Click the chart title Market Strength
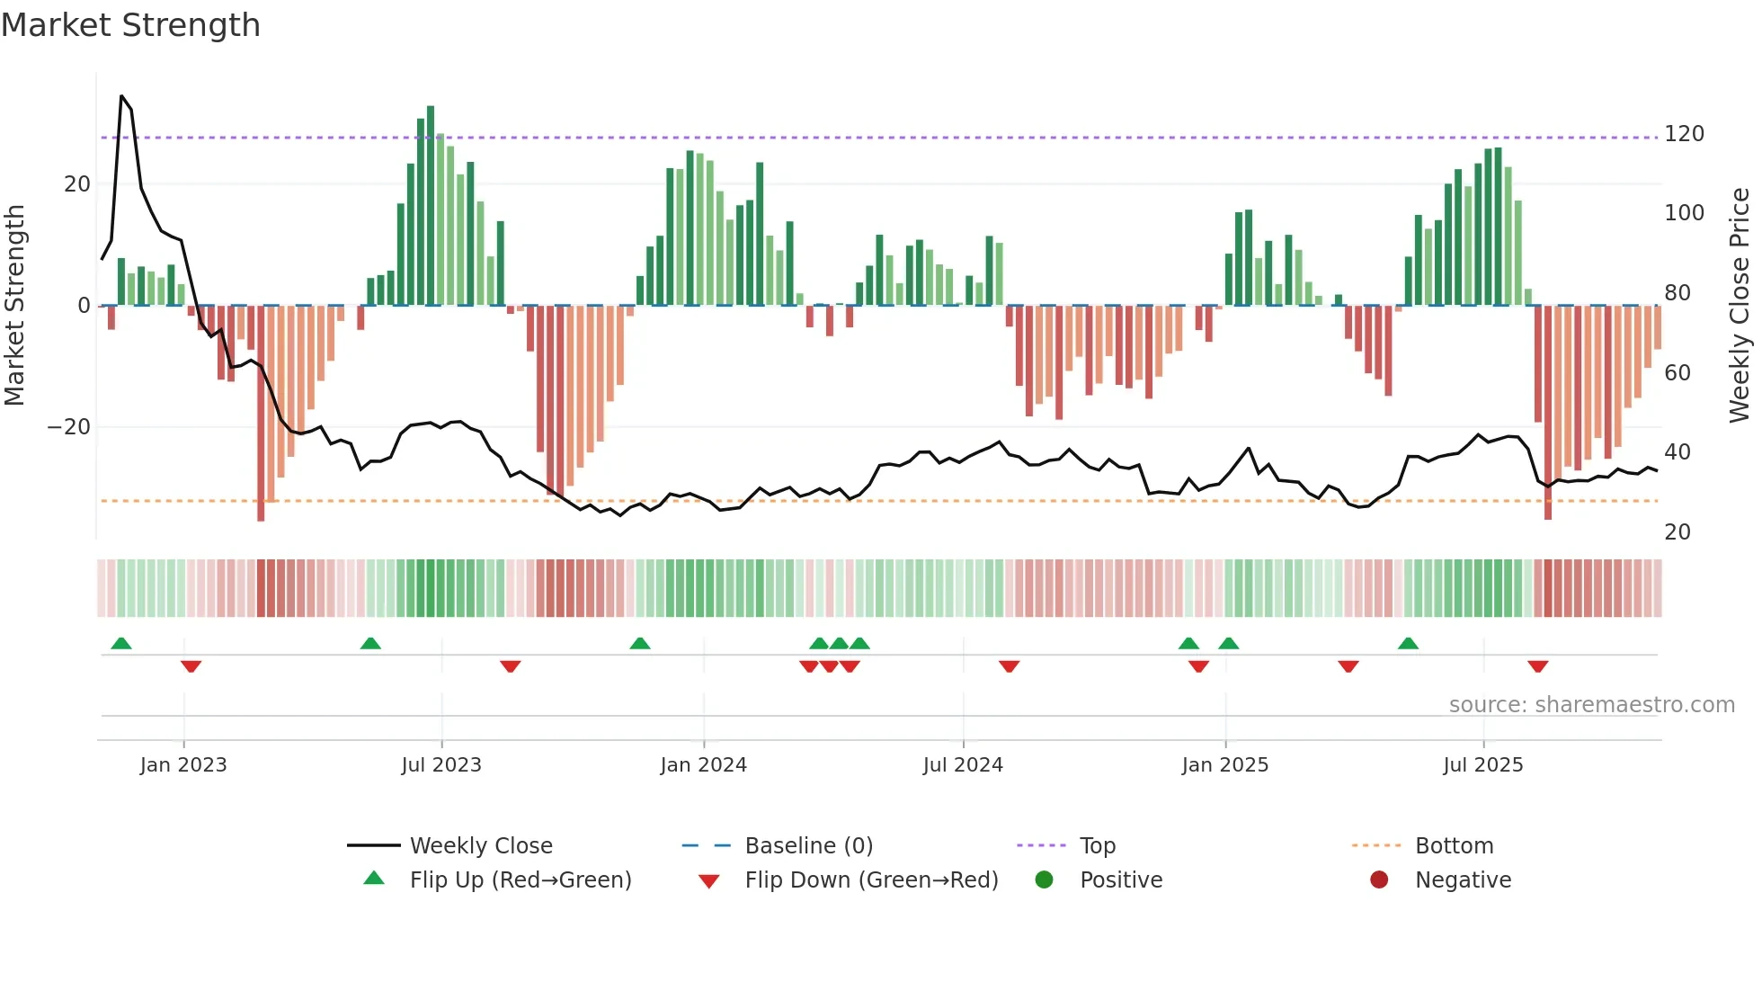click(x=130, y=25)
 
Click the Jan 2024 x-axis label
click(x=703, y=765)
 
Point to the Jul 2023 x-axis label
click(x=441, y=765)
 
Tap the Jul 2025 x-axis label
click(x=1483, y=765)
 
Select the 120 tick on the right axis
click(x=1684, y=134)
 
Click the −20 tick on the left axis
click(x=69, y=427)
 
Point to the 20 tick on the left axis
click(x=77, y=184)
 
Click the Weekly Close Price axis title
click(x=1740, y=306)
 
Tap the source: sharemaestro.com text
click(x=1591, y=705)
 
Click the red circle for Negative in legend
click(x=1379, y=879)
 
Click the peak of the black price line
click(x=121, y=95)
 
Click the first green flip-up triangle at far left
click(x=121, y=643)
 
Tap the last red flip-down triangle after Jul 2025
click(x=1537, y=666)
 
